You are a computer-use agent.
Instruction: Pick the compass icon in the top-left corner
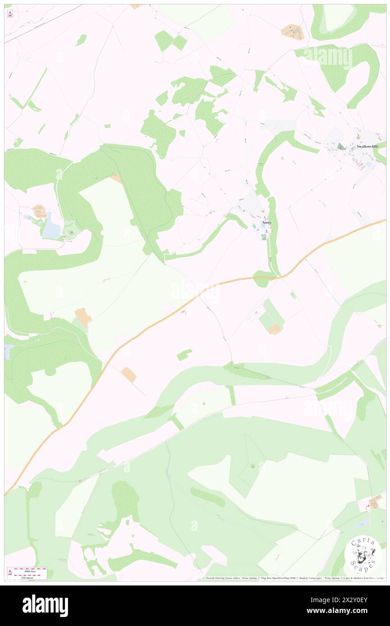[10, 14]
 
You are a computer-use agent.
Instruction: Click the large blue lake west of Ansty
[52, 226]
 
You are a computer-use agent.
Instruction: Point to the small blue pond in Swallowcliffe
[369, 165]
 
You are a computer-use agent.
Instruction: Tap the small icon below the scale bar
[10, 572]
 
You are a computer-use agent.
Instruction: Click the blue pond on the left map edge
[6, 352]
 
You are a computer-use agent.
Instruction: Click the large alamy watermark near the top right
[327, 58]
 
